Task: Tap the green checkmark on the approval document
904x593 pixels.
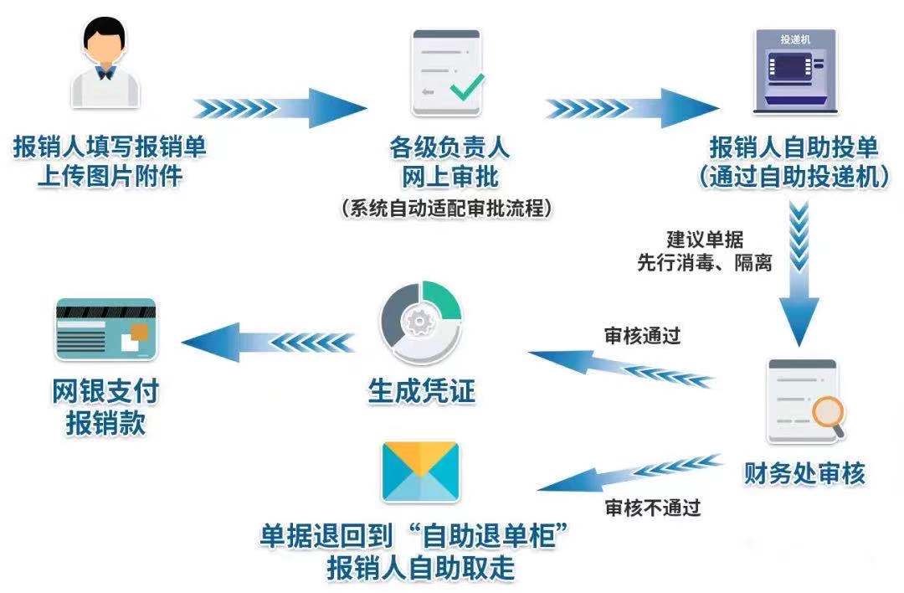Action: pyautogui.click(x=466, y=85)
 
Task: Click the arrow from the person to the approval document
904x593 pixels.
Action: pyautogui.click(x=280, y=108)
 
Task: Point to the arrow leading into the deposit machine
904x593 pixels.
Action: pyautogui.click(x=632, y=108)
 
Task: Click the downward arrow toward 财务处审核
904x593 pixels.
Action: pyautogui.click(x=801, y=276)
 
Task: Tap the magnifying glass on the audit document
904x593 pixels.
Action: pyautogui.click(x=827, y=413)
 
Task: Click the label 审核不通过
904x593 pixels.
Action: pyautogui.click(x=652, y=507)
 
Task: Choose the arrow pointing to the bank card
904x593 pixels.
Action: pyautogui.click(x=268, y=342)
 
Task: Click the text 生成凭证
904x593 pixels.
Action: pyautogui.click(x=422, y=390)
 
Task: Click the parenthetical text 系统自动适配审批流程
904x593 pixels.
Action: pyautogui.click(x=448, y=209)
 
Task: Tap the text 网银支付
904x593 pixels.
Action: pyautogui.click(x=105, y=390)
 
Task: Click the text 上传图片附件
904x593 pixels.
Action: pyautogui.click(x=109, y=177)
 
